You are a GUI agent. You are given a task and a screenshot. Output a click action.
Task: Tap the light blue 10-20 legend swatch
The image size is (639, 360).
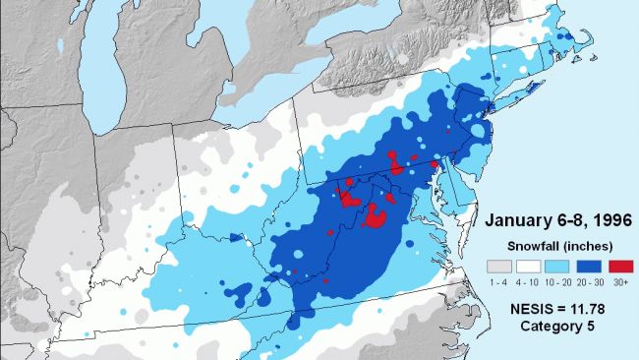click(x=556, y=267)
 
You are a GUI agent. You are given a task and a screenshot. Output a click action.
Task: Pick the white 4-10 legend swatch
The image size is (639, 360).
click(x=529, y=267)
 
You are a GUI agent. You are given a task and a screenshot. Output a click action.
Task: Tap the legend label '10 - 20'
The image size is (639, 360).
click(x=556, y=282)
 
